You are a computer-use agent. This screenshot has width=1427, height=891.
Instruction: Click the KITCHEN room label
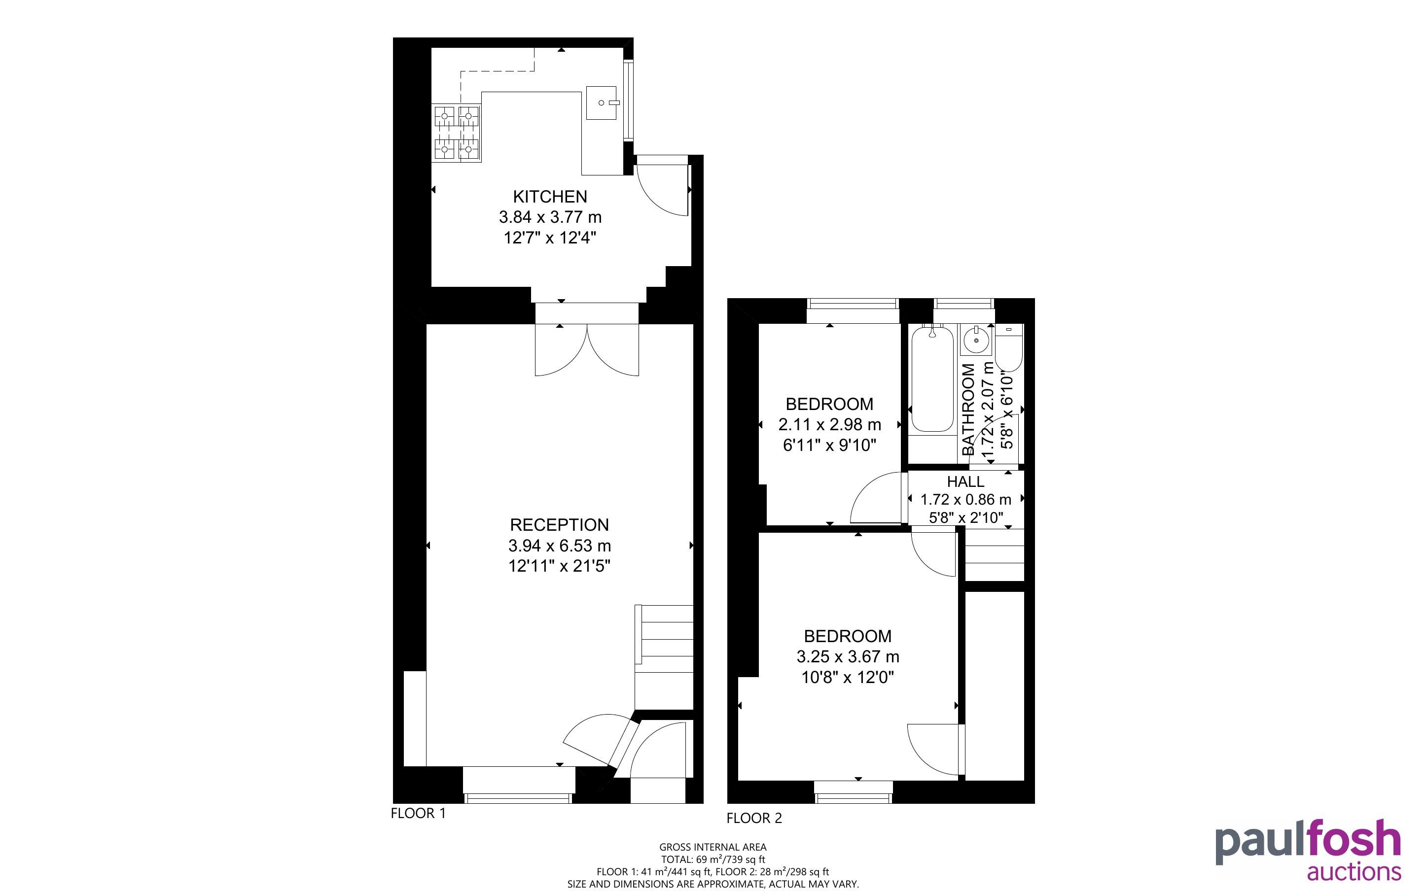click(x=550, y=196)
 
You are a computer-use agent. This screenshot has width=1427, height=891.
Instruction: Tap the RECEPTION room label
click(x=559, y=524)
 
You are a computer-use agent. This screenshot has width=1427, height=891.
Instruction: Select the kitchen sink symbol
click(x=602, y=103)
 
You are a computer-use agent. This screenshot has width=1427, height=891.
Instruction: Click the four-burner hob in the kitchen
click(x=457, y=133)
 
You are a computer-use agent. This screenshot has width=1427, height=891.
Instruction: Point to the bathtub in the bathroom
click(x=932, y=379)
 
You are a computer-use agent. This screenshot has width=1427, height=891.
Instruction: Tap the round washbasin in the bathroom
click(x=977, y=340)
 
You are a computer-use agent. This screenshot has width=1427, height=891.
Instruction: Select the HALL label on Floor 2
click(x=965, y=481)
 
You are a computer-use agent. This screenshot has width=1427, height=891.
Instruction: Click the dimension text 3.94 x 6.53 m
click(x=559, y=546)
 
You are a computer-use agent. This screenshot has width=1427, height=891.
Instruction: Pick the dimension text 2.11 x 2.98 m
click(x=830, y=424)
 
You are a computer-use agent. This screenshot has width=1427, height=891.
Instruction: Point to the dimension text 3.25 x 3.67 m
click(x=848, y=656)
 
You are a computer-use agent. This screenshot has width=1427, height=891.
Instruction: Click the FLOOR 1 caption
click(x=419, y=813)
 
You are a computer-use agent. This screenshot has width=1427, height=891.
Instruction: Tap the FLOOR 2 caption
click(x=754, y=818)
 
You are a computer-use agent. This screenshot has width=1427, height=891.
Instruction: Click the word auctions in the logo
click(x=1354, y=871)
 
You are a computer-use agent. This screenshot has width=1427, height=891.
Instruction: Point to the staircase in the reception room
click(x=664, y=656)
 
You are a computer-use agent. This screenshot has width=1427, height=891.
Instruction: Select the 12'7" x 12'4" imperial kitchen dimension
click(x=550, y=238)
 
